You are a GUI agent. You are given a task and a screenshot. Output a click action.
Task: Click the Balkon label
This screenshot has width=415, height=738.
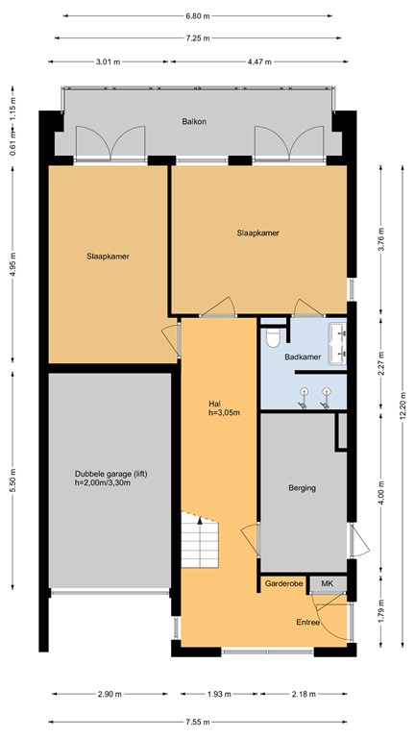click(x=195, y=122)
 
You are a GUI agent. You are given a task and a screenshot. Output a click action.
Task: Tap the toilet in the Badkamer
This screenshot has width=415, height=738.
click(x=274, y=336)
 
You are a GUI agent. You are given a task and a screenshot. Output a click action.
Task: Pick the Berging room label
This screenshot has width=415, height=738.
click(x=302, y=488)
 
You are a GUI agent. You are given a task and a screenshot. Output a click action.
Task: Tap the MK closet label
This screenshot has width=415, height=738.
click(x=327, y=583)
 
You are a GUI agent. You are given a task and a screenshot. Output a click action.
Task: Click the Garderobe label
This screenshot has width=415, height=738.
click(x=283, y=583)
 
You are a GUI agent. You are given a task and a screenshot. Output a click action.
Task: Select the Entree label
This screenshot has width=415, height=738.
click(x=308, y=622)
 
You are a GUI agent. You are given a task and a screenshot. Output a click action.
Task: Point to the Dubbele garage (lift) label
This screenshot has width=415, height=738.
click(x=110, y=478)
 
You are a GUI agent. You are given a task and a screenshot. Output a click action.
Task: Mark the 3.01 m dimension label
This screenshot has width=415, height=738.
click(x=109, y=61)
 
